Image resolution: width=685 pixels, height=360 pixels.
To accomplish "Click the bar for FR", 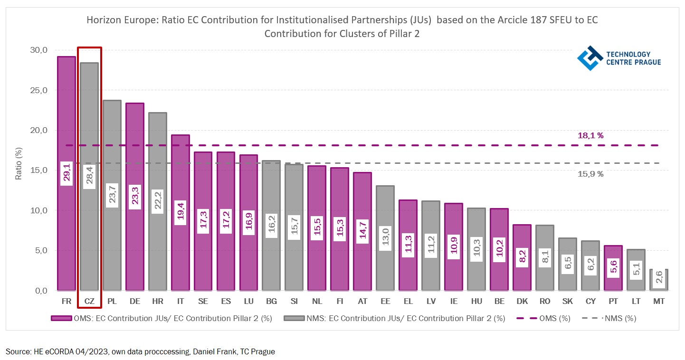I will pos(67,119).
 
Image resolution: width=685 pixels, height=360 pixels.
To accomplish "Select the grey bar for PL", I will pos(112,142).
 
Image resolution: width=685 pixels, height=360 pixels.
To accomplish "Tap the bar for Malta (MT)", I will pos(659,280).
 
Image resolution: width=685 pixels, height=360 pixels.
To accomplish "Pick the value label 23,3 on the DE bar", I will pos(135,195).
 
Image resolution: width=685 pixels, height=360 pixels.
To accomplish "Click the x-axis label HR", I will pos(157,302).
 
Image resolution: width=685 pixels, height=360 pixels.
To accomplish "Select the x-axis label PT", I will pos(613,302).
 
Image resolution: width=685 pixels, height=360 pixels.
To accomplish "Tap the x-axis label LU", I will pos(248,302).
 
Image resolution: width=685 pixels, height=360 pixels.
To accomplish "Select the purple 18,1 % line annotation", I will pos(590,136).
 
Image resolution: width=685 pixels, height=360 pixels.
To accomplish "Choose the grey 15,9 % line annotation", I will pos(590,174).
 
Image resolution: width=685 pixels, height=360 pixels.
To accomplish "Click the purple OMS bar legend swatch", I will pos(60,318).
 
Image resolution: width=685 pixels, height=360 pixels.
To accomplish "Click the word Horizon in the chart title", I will pos(101,21).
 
